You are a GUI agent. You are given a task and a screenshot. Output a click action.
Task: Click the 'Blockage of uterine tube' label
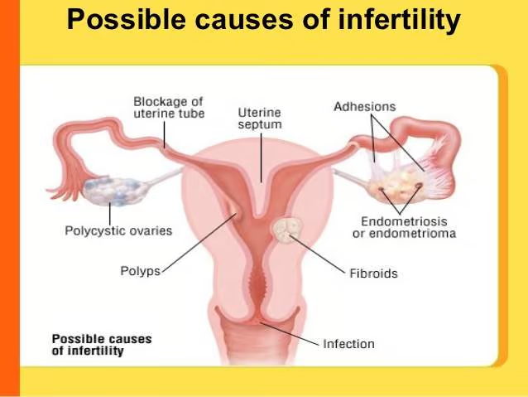point(168,107)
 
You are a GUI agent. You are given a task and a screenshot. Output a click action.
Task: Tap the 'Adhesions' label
point(364,107)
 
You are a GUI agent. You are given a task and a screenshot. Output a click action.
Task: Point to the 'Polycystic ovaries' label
point(118,230)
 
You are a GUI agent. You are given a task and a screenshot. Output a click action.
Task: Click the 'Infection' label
point(348,343)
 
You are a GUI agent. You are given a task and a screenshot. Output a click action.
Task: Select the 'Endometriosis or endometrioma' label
point(408,227)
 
